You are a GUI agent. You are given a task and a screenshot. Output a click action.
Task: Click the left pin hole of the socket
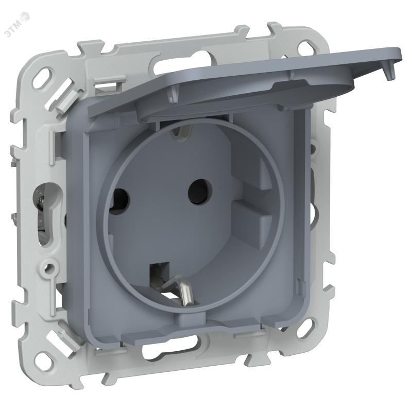(x=120, y=199)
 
